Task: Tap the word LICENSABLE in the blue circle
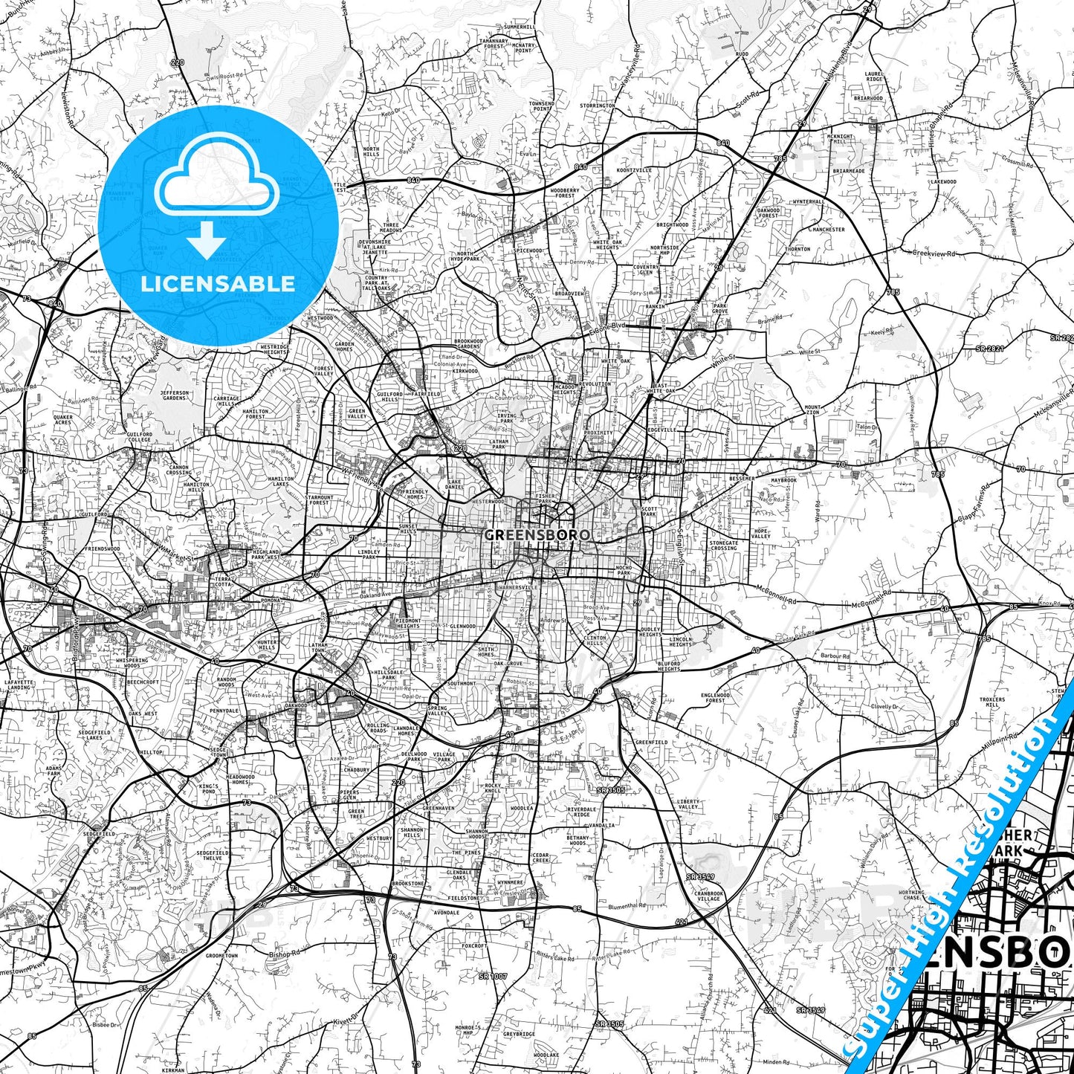(x=218, y=284)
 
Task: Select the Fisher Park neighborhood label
(x=545, y=498)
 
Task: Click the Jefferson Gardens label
(x=175, y=395)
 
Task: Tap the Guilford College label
(x=139, y=436)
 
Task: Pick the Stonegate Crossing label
(x=723, y=545)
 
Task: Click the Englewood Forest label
(x=715, y=697)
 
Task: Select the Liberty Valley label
(x=688, y=804)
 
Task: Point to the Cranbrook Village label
(x=709, y=896)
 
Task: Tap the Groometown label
(x=221, y=956)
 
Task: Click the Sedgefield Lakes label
(x=94, y=735)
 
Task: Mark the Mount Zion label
(x=813, y=410)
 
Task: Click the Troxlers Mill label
(x=992, y=702)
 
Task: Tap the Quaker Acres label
(x=63, y=420)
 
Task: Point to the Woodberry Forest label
(x=565, y=193)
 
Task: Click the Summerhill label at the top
(x=519, y=27)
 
